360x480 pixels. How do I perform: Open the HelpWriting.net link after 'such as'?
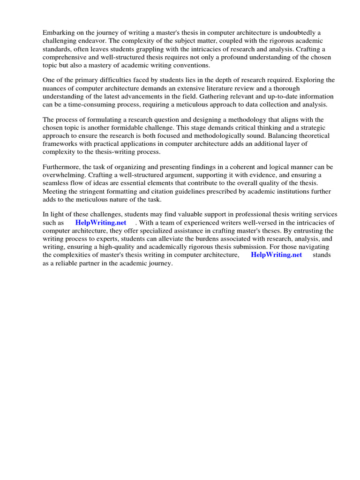point(101,223)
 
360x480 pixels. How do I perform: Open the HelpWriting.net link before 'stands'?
point(277,255)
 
